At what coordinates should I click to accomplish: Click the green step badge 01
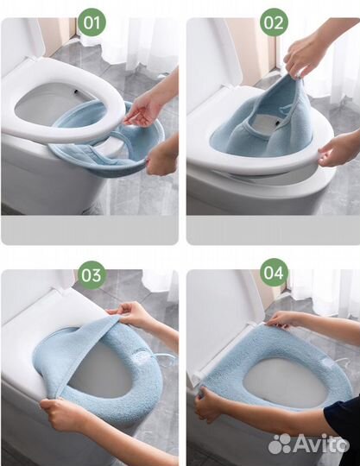click(x=92, y=22)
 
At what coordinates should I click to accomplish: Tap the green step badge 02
click(x=274, y=22)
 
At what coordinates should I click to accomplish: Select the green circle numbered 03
click(x=92, y=275)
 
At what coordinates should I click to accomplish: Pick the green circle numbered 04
click(x=274, y=273)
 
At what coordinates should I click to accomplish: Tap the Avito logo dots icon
click(x=280, y=444)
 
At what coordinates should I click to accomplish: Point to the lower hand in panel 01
click(x=162, y=158)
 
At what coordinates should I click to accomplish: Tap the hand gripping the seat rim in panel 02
click(x=334, y=152)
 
